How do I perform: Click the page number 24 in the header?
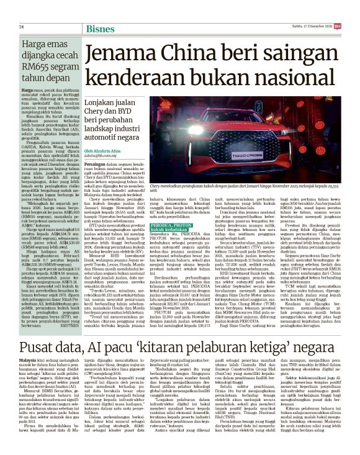click(21, 27)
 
